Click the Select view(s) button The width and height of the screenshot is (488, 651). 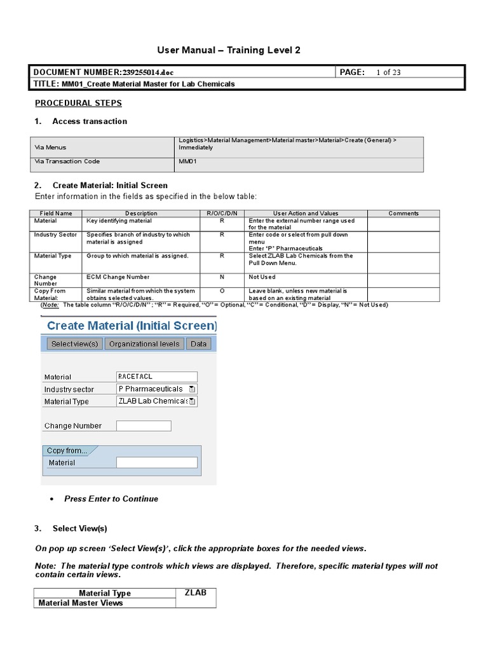(74, 344)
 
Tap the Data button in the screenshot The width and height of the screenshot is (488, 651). (198, 344)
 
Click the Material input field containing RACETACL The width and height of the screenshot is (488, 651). (157, 376)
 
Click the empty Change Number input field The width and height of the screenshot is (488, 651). (144, 425)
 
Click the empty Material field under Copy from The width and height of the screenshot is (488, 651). (157, 463)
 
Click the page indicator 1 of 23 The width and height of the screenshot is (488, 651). (388, 72)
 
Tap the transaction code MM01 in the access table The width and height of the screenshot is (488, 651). (189, 161)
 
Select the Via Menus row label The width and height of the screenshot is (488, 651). (50, 147)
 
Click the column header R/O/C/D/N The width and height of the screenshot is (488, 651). (222, 214)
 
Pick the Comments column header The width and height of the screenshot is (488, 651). (403, 214)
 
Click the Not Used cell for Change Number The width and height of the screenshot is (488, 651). (262, 277)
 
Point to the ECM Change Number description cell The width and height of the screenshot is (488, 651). (118, 277)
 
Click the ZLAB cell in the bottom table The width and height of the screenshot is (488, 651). (196, 593)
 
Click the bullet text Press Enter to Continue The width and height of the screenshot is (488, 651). (111, 499)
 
